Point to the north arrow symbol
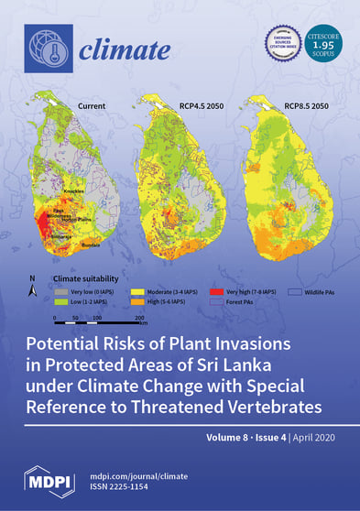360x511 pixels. click(x=33, y=292)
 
